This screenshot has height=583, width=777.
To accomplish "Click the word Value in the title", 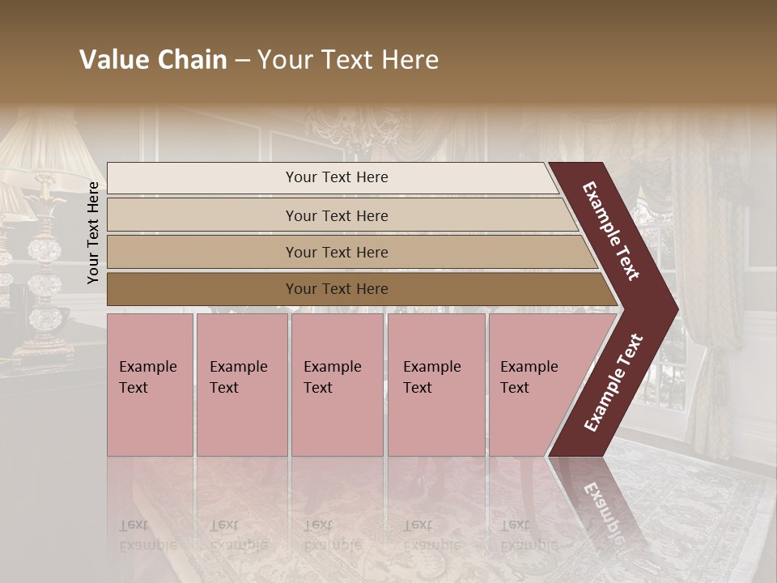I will pos(114,60).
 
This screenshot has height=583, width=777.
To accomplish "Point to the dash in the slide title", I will pos(242,61).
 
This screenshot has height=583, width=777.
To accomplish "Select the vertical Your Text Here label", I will pos(93,232).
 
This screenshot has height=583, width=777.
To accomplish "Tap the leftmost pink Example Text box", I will pos(150,385).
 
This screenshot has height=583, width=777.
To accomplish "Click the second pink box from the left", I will pos(241,385).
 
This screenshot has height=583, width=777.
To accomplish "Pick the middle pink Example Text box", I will pos(337,385).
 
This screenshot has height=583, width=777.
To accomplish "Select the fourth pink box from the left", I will pos(435,385).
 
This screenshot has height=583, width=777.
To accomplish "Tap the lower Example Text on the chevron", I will pos(614,383).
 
